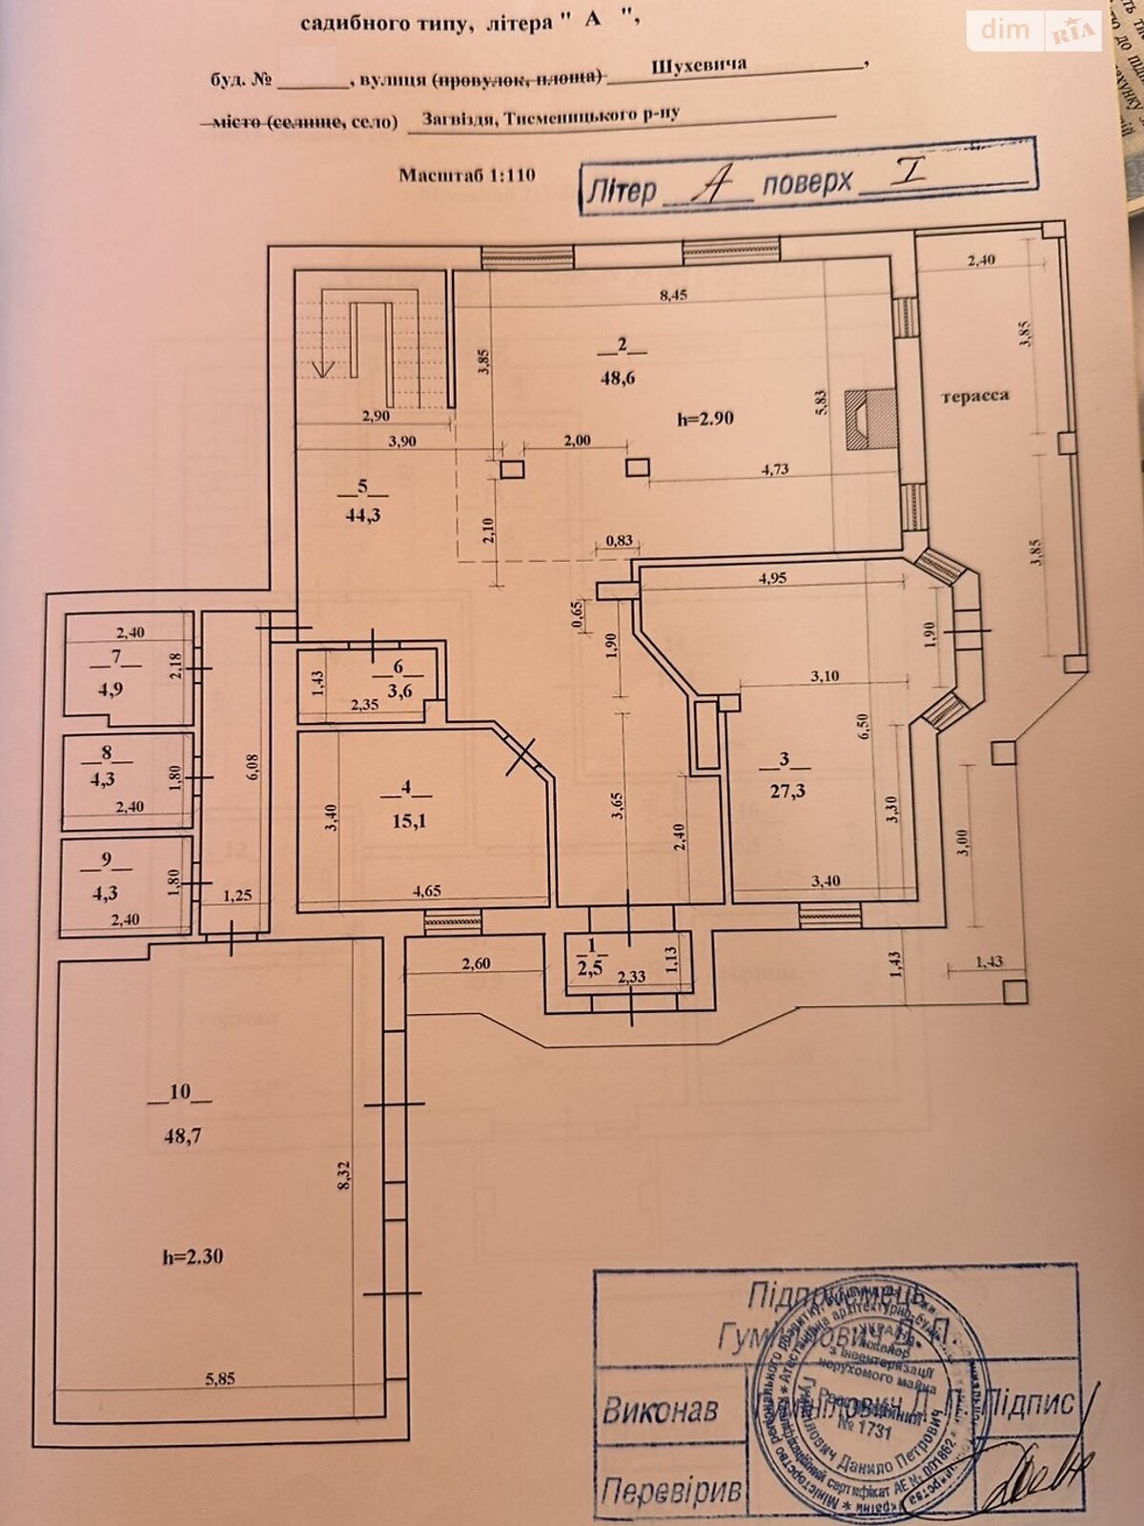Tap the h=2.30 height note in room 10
click(x=192, y=1256)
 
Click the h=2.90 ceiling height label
click(x=705, y=417)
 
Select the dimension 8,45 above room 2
click(x=673, y=295)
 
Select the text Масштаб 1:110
click(x=467, y=175)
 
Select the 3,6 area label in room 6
click(x=399, y=691)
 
